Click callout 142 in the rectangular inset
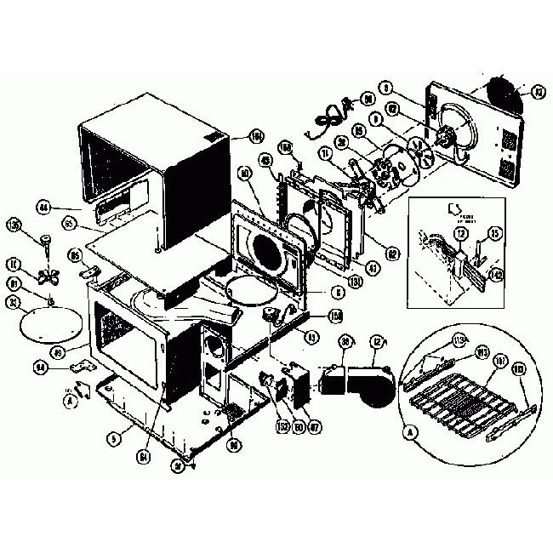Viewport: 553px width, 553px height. tap(496, 274)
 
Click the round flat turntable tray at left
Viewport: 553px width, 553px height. tap(48, 323)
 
